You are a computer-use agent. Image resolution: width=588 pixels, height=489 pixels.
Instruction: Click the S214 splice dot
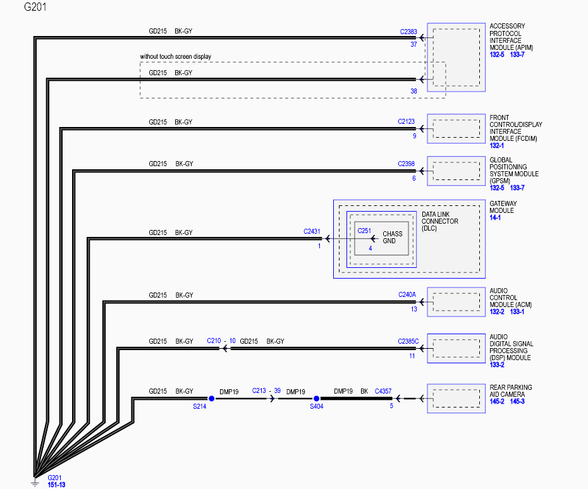pyautogui.click(x=212, y=399)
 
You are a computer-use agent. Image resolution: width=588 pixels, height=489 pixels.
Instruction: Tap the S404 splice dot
pyautogui.click(x=317, y=399)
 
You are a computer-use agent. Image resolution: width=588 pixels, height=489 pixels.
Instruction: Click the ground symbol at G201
pyautogui.click(x=35, y=482)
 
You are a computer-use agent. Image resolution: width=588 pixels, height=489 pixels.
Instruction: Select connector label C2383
pyautogui.click(x=408, y=32)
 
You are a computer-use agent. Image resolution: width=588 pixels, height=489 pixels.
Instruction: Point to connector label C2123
pyautogui.click(x=406, y=121)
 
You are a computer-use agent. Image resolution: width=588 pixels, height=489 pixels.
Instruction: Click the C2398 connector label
pyautogui.click(x=406, y=164)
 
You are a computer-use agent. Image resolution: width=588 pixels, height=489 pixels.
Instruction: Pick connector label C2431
pyautogui.click(x=312, y=232)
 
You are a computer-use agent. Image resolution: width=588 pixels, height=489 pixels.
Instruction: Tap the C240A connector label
pyautogui.click(x=407, y=294)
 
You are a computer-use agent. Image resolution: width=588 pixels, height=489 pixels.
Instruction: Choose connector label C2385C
pyautogui.click(x=408, y=341)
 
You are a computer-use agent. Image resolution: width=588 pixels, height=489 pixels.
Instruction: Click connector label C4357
pyautogui.click(x=383, y=391)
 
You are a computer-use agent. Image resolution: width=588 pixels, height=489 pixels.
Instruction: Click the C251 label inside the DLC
pyautogui.click(x=364, y=231)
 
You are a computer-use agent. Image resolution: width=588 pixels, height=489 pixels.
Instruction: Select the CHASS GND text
pyautogui.click(x=392, y=237)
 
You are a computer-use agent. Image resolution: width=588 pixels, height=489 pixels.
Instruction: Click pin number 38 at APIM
pyautogui.click(x=413, y=91)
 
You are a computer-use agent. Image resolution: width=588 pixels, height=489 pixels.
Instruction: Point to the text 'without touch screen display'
pyautogui.click(x=176, y=57)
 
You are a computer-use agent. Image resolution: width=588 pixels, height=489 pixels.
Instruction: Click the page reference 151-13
pyautogui.click(x=57, y=485)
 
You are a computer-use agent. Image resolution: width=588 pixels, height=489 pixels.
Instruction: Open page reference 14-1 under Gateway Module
pyautogui.click(x=495, y=217)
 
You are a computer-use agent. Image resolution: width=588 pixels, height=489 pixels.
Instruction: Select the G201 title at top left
pyautogui.click(x=35, y=7)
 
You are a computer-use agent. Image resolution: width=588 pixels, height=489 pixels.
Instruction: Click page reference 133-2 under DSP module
pyautogui.click(x=497, y=365)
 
